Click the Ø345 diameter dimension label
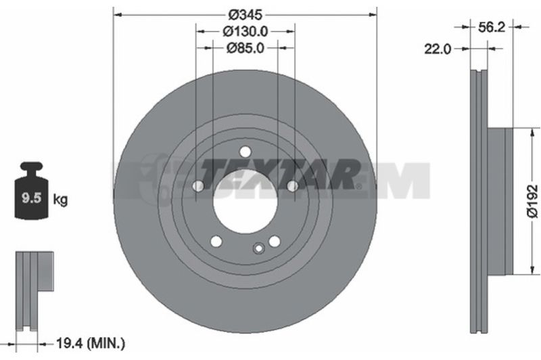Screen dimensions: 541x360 [245, 15]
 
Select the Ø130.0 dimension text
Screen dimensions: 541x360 [245, 31]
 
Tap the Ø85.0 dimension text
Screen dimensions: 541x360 [245, 48]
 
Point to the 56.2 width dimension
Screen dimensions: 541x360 [492, 27]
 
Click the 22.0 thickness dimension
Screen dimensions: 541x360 [438, 49]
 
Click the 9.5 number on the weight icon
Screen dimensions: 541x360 [31, 198]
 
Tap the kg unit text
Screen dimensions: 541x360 [60, 200]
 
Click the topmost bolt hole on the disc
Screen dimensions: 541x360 [245, 152]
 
